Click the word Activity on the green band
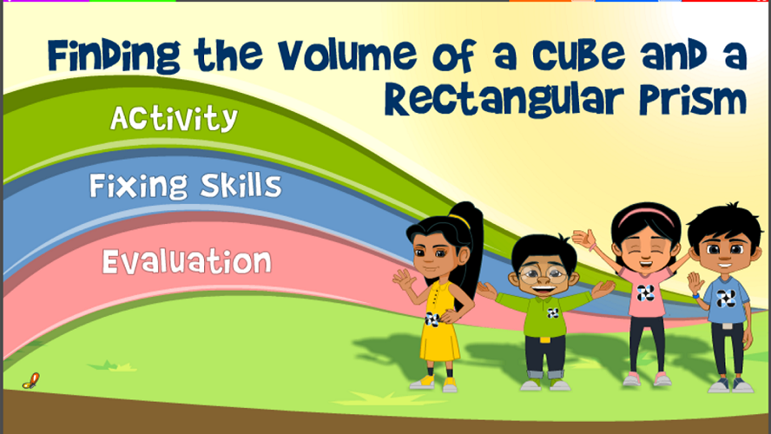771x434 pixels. [x=174, y=118]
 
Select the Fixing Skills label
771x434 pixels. [x=186, y=185]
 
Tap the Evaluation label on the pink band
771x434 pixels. [x=187, y=261]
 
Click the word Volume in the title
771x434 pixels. [x=347, y=55]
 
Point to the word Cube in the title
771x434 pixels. [x=579, y=55]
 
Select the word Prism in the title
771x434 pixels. [x=694, y=101]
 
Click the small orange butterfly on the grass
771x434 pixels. [x=31, y=381]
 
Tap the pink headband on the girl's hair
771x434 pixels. [x=646, y=214]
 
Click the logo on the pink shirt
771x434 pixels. [x=646, y=293]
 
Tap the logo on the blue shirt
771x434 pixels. [x=725, y=299]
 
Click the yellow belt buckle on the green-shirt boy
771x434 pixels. [x=544, y=339]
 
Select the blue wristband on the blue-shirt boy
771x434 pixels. [x=695, y=296]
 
